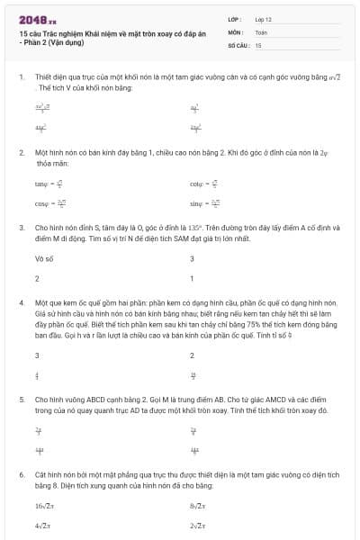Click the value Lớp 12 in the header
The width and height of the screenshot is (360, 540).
[263, 18]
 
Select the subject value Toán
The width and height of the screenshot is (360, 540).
[262, 31]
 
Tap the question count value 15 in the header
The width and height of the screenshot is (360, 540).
[258, 44]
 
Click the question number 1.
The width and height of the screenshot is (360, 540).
[21, 77]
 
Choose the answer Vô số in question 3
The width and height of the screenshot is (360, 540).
[42, 258]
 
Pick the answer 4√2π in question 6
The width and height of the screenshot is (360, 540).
[44, 526]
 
